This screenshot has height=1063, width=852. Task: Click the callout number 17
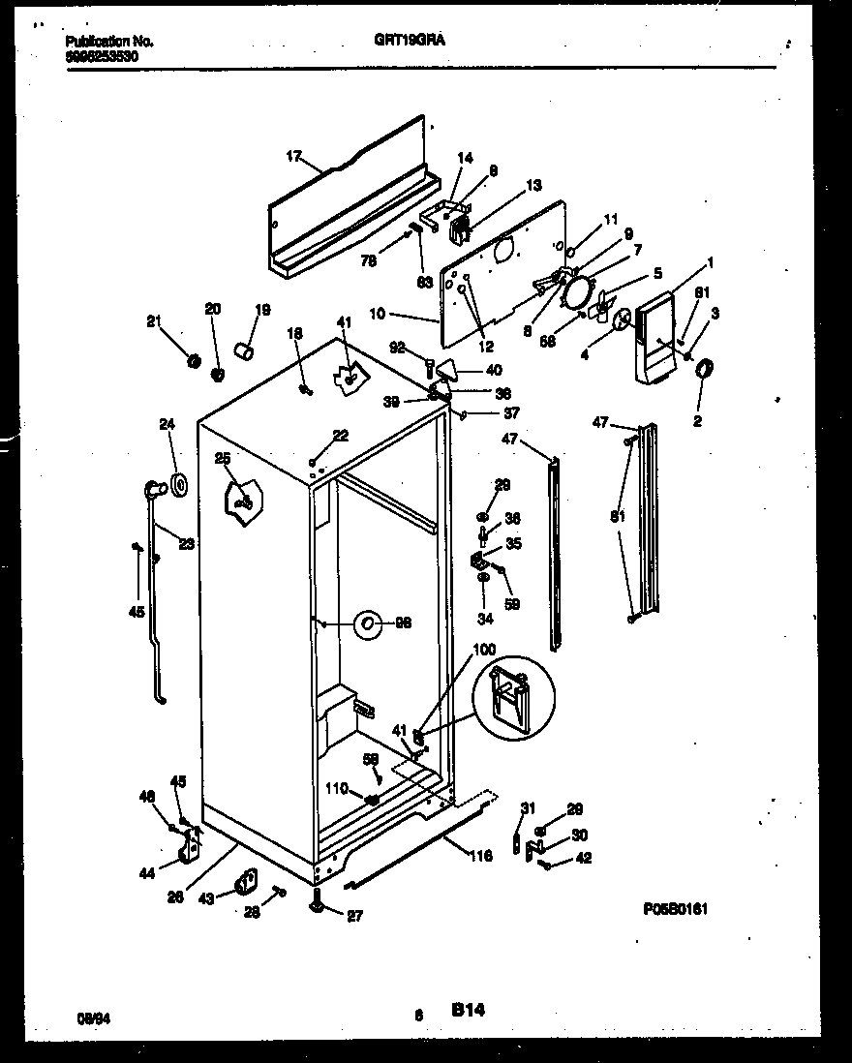(295, 154)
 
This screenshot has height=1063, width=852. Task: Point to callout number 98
(403, 623)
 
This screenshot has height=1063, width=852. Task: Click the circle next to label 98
(368, 624)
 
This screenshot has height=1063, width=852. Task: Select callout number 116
(481, 856)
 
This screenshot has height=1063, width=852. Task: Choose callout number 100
(484, 649)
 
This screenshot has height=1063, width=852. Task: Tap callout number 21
(153, 321)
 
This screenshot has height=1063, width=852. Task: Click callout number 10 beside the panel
(379, 315)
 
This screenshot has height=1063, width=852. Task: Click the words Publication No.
(109, 42)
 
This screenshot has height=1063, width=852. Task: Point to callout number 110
(337, 789)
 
